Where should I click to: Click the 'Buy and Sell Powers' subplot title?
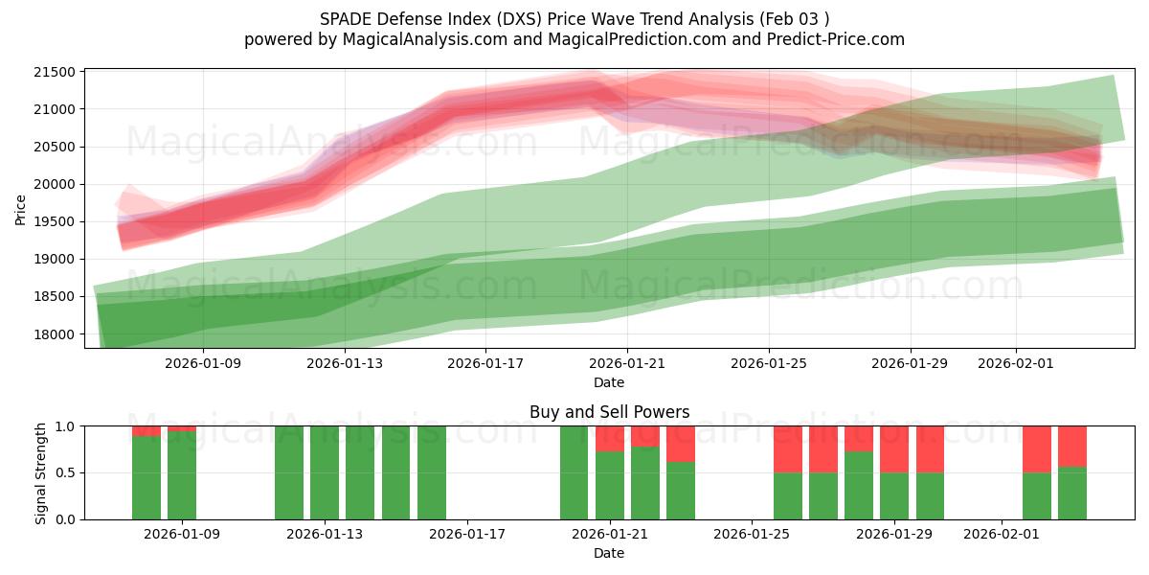click(x=609, y=412)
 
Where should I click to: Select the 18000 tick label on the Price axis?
click(x=54, y=333)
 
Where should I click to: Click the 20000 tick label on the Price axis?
click(x=54, y=184)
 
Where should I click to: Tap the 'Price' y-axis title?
click(x=21, y=209)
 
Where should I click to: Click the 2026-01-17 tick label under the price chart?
click(x=485, y=364)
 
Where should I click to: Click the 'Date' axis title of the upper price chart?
click(x=609, y=382)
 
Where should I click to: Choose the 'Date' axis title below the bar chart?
click(x=609, y=553)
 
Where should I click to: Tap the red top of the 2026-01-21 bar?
click(x=610, y=438)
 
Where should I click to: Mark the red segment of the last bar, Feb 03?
click(x=1072, y=446)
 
